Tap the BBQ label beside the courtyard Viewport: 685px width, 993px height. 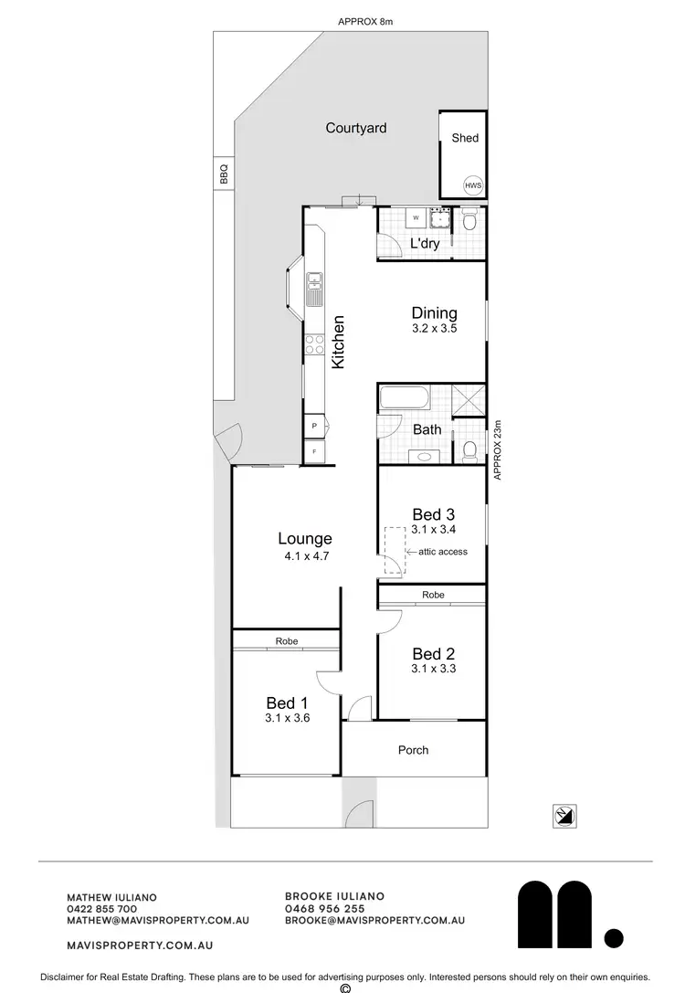222,174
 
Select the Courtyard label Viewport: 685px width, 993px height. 356,128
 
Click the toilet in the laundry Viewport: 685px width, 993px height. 469,220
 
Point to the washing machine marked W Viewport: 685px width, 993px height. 416,218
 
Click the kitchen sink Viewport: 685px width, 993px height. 314,289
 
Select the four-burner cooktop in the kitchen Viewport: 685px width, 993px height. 314,344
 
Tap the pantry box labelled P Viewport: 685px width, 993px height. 314,427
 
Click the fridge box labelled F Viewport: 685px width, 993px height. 314,452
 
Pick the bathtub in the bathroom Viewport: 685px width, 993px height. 403,399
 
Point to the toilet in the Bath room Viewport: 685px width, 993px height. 469,449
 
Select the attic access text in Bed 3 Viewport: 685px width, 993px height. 443,552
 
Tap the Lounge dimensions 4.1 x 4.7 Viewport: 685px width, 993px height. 305,555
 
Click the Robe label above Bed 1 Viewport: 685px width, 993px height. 287,641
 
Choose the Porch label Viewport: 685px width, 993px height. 413,750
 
